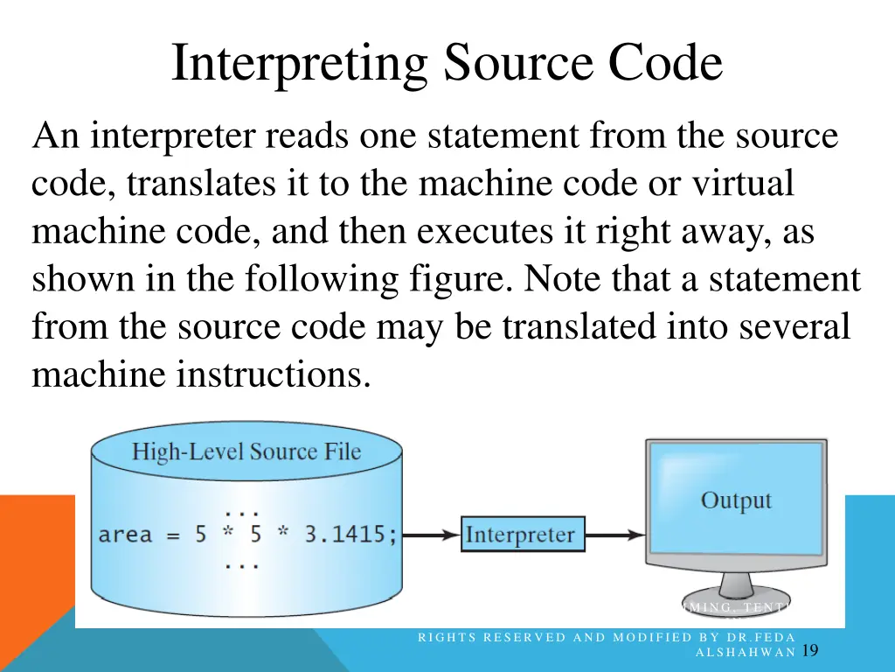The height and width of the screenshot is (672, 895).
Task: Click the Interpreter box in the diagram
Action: click(x=521, y=535)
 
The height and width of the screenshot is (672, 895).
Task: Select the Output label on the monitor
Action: click(x=736, y=500)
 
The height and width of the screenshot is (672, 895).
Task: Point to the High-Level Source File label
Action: click(x=246, y=452)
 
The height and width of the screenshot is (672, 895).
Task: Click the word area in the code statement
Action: click(x=125, y=534)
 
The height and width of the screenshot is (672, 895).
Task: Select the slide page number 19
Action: click(x=809, y=650)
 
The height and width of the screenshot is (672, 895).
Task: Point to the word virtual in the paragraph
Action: click(x=743, y=184)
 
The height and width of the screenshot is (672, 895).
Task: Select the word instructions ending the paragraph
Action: click(x=269, y=374)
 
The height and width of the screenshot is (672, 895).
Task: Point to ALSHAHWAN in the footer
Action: click(x=745, y=652)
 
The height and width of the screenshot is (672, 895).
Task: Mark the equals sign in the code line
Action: click(x=173, y=535)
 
